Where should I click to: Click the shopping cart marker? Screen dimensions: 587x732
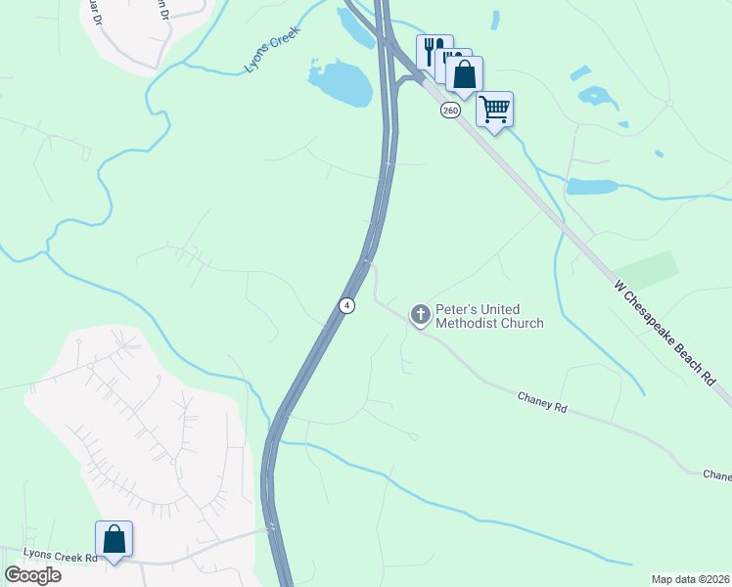point(495,108)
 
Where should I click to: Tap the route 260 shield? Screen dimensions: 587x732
point(450,111)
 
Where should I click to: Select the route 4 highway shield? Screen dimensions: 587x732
point(346,305)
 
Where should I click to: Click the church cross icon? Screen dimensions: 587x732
point(421,314)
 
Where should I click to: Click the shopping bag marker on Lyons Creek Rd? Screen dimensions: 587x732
point(114,539)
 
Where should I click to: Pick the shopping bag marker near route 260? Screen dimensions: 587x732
point(464,73)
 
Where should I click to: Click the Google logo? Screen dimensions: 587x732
point(32,575)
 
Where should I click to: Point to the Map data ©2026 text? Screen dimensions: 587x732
point(690,579)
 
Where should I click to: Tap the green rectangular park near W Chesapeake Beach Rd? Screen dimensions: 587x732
point(646,270)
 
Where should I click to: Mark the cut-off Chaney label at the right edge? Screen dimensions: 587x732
point(716,474)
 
